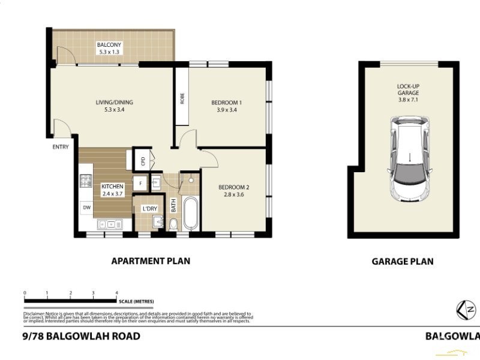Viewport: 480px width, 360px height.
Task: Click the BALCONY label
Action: click(109, 45)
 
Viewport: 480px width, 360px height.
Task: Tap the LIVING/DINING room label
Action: click(114, 103)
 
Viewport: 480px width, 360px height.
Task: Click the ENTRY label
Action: click(61, 147)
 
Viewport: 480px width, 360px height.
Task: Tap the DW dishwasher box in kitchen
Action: click(85, 208)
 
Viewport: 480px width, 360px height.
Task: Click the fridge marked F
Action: click(140, 182)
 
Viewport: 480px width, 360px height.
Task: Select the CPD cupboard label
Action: click(143, 161)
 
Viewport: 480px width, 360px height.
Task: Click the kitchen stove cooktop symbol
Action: click(85, 181)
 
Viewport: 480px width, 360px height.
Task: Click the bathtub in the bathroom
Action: click(190, 214)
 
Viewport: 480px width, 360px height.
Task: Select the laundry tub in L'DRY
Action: click(157, 223)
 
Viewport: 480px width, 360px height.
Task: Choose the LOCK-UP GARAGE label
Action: click(408, 89)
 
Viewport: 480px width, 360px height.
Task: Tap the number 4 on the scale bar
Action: click(116, 293)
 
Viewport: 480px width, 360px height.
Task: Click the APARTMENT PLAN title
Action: click(151, 261)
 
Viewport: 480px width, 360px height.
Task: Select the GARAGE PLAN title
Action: click(402, 261)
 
